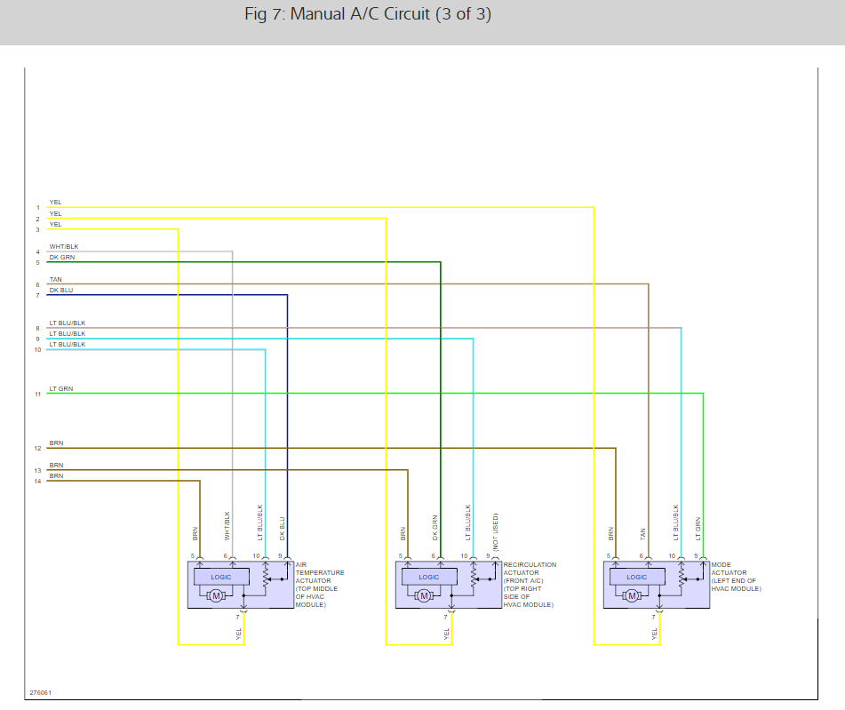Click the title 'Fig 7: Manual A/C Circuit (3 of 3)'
coord(368,15)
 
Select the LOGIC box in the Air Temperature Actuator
coord(221,577)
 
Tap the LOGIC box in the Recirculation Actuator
coord(429,577)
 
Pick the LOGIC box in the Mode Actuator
coord(637,577)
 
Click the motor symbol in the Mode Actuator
coord(632,595)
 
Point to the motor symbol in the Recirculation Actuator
coord(424,595)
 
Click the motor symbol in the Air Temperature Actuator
coord(216,595)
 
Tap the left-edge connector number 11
coord(37,394)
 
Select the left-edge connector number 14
coord(37,482)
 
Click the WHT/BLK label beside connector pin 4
coord(63,246)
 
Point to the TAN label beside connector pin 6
coord(56,279)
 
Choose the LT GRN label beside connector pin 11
coord(61,388)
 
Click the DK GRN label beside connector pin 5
coord(62,257)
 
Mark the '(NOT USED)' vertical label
coord(495,531)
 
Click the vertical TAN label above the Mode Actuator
coord(642,534)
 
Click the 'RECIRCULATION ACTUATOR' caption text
coord(530,569)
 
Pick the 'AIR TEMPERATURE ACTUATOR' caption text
coord(320,572)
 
